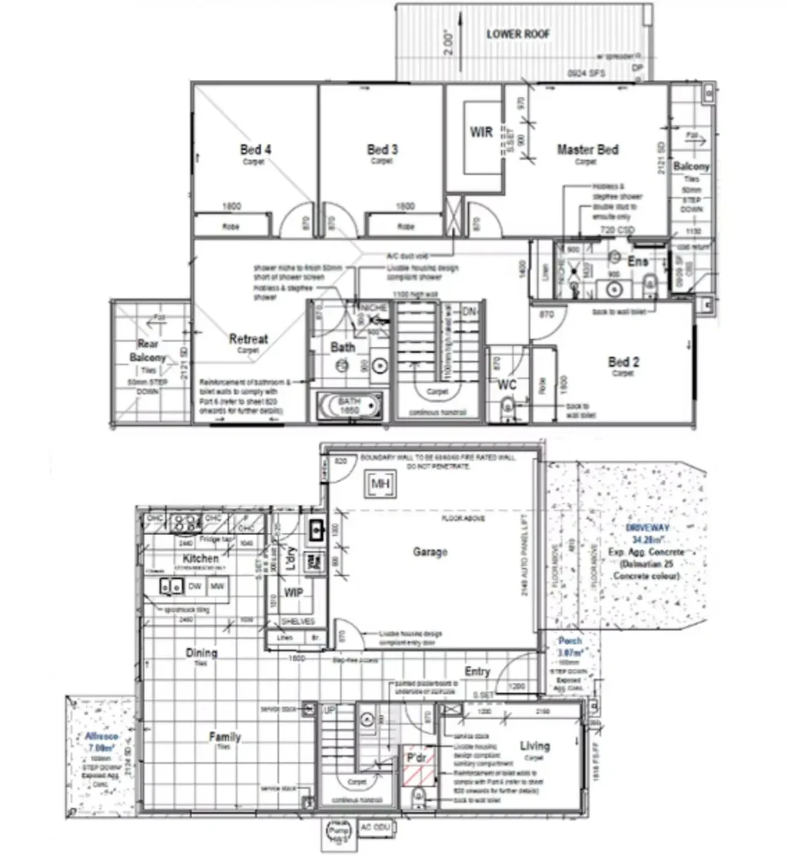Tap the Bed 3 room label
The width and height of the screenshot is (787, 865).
tap(382, 150)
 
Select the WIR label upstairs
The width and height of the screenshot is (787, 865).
tap(481, 132)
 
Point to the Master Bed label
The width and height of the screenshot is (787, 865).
tap(587, 150)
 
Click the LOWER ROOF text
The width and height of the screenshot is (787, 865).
tap(519, 35)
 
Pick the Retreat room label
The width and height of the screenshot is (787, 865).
tap(248, 339)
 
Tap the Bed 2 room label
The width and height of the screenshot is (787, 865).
tap(624, 362)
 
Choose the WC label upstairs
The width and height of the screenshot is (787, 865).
tap(506, 384)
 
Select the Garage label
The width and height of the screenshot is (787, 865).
tap(430, 552)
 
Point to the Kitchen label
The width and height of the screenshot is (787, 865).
tap(201, 558)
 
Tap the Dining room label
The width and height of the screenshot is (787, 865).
tap(201, 653)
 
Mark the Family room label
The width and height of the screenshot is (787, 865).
tap(224, 737)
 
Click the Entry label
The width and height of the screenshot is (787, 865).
tap(477, 671)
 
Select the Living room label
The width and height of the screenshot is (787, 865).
tap(534, 746)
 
